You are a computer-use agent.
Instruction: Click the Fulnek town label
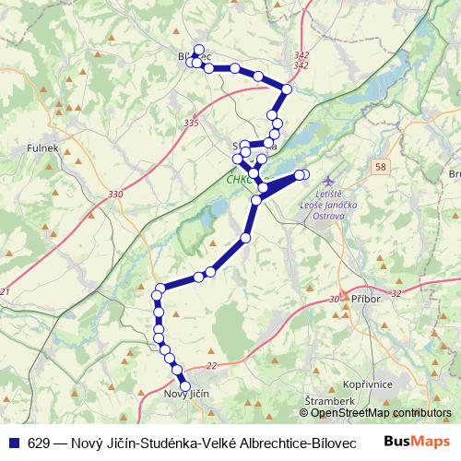point(43,147)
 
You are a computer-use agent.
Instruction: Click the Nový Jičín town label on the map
point(187,395)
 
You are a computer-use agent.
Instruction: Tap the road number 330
point(115,194)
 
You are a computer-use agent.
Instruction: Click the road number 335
point(191,122)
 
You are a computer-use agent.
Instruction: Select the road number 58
point(381,166)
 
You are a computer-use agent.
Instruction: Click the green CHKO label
point(238,181)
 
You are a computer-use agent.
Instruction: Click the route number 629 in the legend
point(39,441)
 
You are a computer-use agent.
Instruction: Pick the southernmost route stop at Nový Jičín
point(184,386)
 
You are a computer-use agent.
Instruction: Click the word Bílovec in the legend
point(336,441)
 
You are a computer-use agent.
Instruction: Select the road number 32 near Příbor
point(396,293)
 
